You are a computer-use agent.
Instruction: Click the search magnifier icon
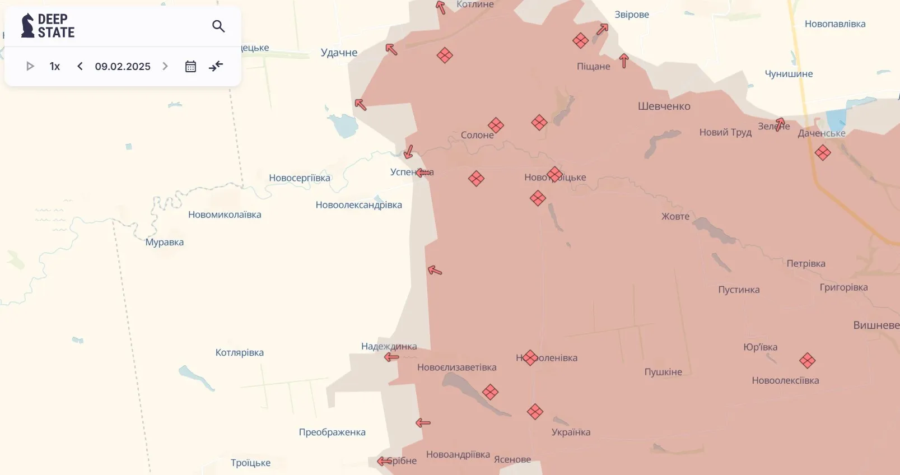218,26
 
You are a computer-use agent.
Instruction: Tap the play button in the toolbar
30,66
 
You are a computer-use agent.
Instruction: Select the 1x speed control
55,66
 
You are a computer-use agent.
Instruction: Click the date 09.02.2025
123,66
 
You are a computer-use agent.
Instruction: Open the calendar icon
190,66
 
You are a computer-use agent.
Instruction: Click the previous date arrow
80,66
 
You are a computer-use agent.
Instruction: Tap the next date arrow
165,66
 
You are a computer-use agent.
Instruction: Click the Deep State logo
48,26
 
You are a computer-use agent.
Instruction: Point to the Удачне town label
339,53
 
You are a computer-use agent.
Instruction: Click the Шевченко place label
664,106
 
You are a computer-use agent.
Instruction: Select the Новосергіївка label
300,178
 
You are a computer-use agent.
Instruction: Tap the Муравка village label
165,242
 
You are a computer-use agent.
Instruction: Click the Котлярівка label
240,352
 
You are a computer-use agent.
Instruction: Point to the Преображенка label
332,432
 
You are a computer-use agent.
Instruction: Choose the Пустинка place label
739,290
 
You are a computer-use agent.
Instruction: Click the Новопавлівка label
835,24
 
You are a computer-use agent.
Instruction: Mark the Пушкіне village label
663,372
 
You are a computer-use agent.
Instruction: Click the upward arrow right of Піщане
624,60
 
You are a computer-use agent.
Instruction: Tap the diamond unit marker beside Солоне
496,125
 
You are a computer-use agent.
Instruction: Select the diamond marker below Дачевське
823,152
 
